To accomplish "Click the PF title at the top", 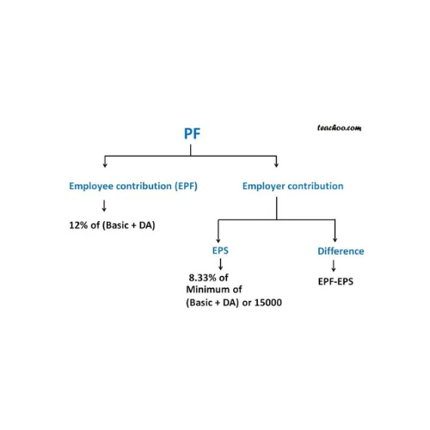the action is [x=192, y=133].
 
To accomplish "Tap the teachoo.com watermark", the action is [x=339, y=128].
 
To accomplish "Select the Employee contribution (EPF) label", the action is [x=133, y=186].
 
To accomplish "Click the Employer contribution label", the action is [x=292, y=186].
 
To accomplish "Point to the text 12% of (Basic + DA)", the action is [x=112, y=225].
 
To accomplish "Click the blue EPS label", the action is [x=220, y=250].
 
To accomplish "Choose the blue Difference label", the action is [x=341, y=251].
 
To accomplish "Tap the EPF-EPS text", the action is [x=335, y=281].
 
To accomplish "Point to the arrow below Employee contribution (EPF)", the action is [x=104, y=206].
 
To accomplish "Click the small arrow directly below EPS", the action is [x=220, y=264].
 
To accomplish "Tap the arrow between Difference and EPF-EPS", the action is [x=334, y=266].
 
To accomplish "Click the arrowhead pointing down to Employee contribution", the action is [x=105, y=165].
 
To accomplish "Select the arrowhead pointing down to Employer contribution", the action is [x=276, y=165].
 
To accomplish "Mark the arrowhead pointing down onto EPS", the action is [x=218, y=240].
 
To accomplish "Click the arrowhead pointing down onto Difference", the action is [x=335, y=240].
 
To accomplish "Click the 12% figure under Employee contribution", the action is [x=78, y=225].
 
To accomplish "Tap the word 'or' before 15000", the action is [x=247, y=303].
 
